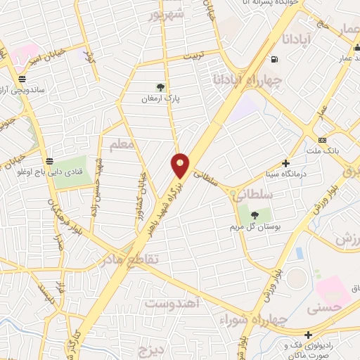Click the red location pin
(x=181, y=166)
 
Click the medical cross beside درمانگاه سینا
(x=285, y=162)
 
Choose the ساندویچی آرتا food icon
(x=23, y=79)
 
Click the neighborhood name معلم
(x=121, y=146)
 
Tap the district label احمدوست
(x=173, y=304)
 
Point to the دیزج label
(x=150, y=349)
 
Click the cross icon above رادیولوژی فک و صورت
(x=307, y=334)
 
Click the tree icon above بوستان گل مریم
(x=254, y=214)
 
